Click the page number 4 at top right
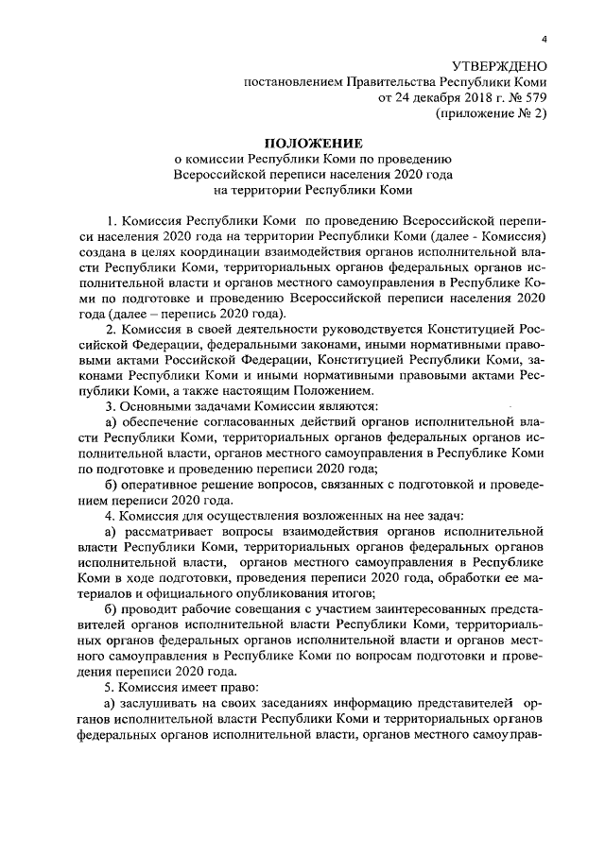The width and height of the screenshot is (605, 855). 544,39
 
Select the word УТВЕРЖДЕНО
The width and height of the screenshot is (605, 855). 499,66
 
